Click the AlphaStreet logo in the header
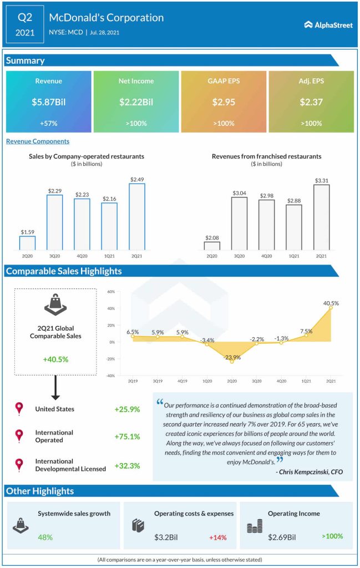(x=328, y=25)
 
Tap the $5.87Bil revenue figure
(x=48, y=102)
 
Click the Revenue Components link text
(x=38, y=141)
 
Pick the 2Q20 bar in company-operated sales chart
(x=27, y=243)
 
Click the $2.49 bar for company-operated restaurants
(x=136, y=217)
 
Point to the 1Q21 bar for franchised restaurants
(x=293, y=227)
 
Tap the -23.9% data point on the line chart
(x=232, y=361)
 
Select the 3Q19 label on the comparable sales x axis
(x=158, y=382)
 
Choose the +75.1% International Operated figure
(x=127, y=436)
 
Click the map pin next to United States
(x=20, y=409)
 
